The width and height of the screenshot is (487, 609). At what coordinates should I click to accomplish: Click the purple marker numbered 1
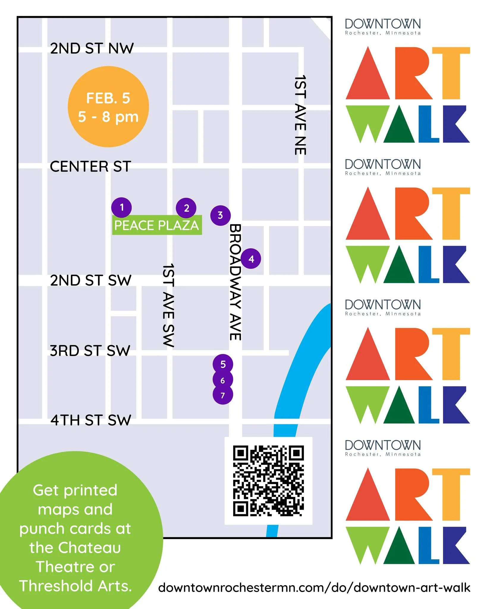pyautogui.click(x=122, y=207)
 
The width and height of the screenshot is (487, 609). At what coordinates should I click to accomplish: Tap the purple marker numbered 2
pyautogui.click(x=186, y=208)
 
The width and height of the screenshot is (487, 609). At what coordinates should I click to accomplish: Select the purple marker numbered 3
pyautogui.click(x=220, y=215)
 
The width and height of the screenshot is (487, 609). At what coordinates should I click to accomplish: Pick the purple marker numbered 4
pyautogui.click(x=251, y=259)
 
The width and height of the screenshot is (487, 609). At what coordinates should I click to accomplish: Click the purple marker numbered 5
pyautogui.click(x=223, y=364)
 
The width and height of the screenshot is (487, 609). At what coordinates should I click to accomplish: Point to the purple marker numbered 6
pyautogui.click(x=223, y=380)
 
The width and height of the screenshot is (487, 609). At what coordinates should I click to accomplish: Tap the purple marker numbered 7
pyautogui.click(x=223, y=395)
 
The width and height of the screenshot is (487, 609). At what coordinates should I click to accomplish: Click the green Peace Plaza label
pyautogui.click(x=157, y=225)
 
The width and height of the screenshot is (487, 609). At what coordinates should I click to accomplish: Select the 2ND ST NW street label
pyautogui.click(x=92, y=48)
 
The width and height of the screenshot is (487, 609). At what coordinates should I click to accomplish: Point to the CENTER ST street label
pyautogui.click(x=90, y=167)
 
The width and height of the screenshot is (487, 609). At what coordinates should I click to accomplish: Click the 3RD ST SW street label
pyautogui.click(x=90, y=351)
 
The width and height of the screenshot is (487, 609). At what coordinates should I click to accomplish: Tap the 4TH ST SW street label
pyautogui.click(x=91, y=420)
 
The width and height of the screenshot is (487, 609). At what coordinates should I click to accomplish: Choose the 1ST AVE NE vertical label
pyautogui.click(x=300, y=115)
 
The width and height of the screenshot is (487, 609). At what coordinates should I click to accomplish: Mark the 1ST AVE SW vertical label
pyautogui.click(x=168, y=305)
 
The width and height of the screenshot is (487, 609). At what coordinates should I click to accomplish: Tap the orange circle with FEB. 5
pyautogui.click(x=108, y=107)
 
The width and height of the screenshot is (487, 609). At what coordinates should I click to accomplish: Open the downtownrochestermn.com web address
pyautogui.click(x=314, y=588)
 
